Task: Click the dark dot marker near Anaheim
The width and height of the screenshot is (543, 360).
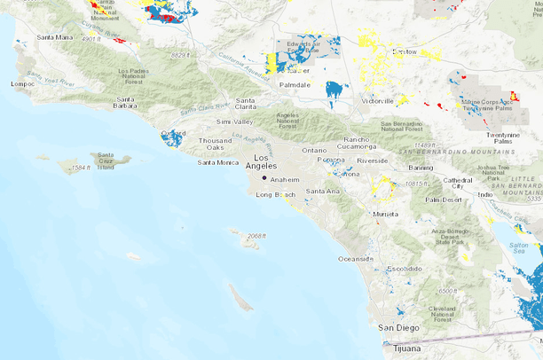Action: tap(264, 178)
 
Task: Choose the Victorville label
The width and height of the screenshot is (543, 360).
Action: tap(377, 101)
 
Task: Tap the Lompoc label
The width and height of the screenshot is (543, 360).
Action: tap(22, 84)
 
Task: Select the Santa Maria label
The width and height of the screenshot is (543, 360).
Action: tap(54, 37)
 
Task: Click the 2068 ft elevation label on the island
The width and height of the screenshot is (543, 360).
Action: tap(256, 236)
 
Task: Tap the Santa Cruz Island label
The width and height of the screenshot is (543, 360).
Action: tap(106, 160)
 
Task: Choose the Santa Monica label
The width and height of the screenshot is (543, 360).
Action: tap(218, 162)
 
